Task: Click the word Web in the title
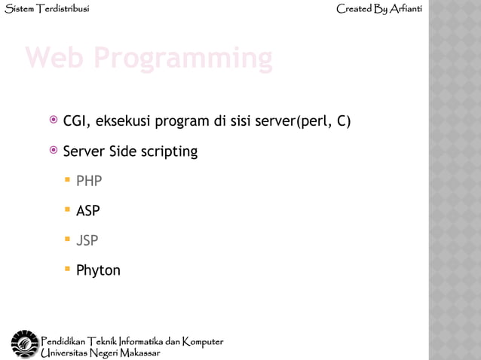56,58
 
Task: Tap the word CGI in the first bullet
76,121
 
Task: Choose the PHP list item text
89,182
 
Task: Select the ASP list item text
87,211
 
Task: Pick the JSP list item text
87,241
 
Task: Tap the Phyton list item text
98,270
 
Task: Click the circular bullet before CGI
53,120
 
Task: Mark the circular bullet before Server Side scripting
53,150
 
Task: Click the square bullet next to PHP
67,181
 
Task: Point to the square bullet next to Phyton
67,269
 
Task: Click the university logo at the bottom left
23,344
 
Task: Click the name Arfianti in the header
406,9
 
